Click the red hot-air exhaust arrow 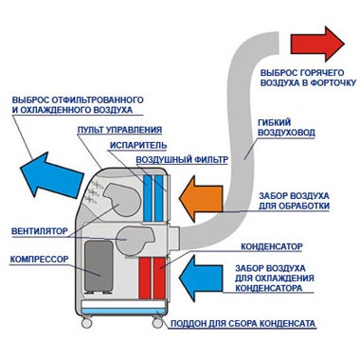click(317, 44)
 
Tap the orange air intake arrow click(201, 199)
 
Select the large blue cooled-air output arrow click(50, 174)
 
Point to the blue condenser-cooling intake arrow click(201, 278)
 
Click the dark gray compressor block click(99, 266)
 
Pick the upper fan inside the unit click(121, 200)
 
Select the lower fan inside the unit click(135, 240)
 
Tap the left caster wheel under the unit click(86, 322)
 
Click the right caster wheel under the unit click(157, 322)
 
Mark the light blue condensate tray click(123, 311)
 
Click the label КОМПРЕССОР click(40, 260)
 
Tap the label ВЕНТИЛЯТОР click(40, 231)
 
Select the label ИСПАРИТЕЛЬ click(138, 145)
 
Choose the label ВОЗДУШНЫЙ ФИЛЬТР click(182, 160)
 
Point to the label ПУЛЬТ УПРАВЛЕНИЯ click(119, 130)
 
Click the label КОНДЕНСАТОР click(272, 246)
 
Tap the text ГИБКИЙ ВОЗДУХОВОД click(286, 127)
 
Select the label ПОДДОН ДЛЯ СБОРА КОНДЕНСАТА click(243, 324)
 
